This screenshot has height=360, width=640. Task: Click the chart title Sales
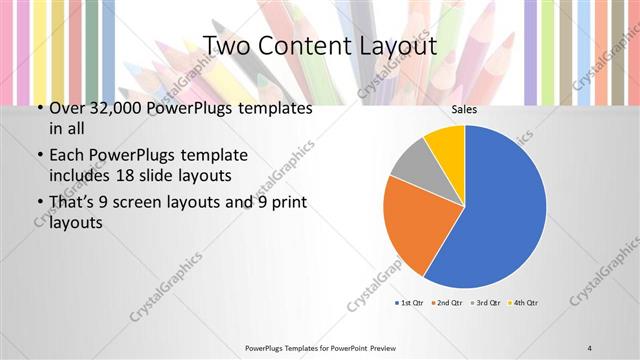(464, 110)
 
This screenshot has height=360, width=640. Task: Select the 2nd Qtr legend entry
(452, 302)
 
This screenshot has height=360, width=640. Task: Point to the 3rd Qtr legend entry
(487, 302)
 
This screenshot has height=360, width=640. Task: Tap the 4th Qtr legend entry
(524, 302)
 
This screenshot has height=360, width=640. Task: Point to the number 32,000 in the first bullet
(117, 108)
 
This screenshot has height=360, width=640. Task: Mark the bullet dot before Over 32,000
(38, 108)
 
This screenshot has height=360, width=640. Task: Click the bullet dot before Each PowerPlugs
(38, 156)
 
